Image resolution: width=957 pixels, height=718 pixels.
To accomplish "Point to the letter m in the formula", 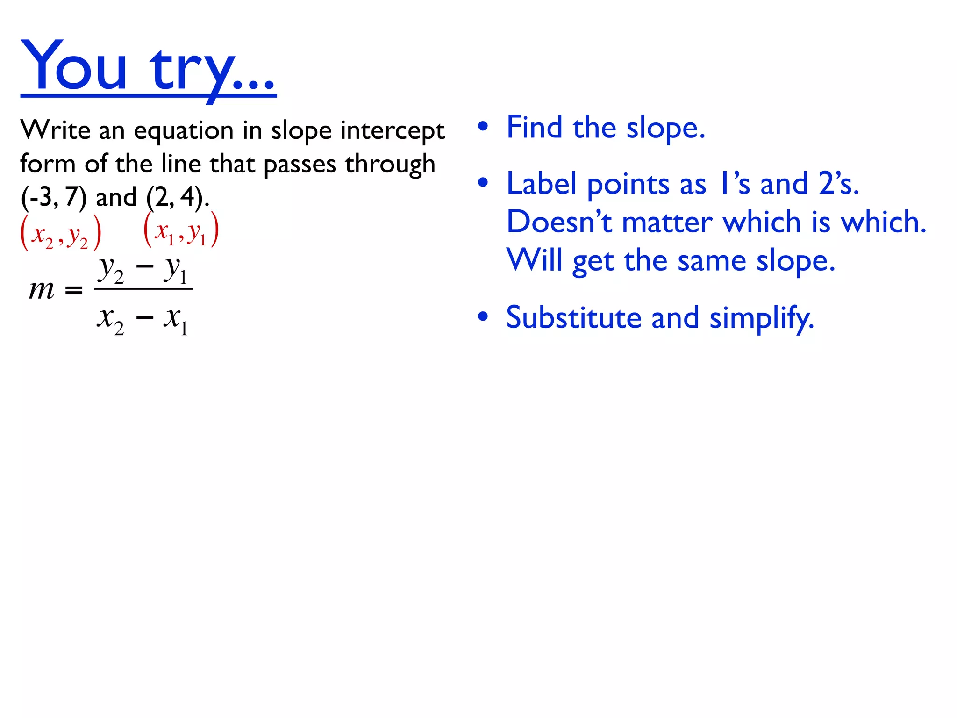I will (42, 290).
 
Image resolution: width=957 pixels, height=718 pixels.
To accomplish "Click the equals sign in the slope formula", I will (74, 291).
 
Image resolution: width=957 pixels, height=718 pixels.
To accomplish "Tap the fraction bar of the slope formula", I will (143, 289).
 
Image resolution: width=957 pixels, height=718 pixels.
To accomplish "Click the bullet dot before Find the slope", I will (483, 127).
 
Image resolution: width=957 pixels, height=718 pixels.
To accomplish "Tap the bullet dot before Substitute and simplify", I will (483, 317).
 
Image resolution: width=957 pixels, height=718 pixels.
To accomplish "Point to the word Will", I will (534, 260).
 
